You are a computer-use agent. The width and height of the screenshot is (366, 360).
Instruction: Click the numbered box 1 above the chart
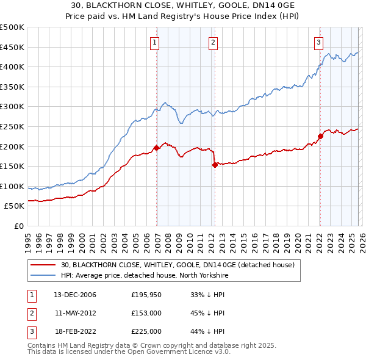[x=155, y=42]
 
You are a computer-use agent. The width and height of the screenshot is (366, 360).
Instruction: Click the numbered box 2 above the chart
[x=213, y=42]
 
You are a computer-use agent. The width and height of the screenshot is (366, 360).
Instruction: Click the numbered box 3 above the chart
[x=319, y=42]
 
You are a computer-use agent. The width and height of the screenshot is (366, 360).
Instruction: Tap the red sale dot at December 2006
[x=157, y=147]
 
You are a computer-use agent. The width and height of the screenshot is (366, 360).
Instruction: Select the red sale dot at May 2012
[x=215, y=164]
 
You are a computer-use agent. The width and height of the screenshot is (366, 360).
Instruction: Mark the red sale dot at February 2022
[x=320, y=136]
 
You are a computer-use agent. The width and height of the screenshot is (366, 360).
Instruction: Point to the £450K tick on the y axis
[x=12, y=47]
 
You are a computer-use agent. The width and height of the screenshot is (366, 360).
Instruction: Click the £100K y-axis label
[x=12, y=186]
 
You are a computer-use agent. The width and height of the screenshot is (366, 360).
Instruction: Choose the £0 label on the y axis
[x=18, y=226]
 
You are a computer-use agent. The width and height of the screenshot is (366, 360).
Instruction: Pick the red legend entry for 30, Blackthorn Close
[x=178, y=265]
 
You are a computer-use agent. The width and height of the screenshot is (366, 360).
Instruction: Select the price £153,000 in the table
[x=146, y=313]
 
